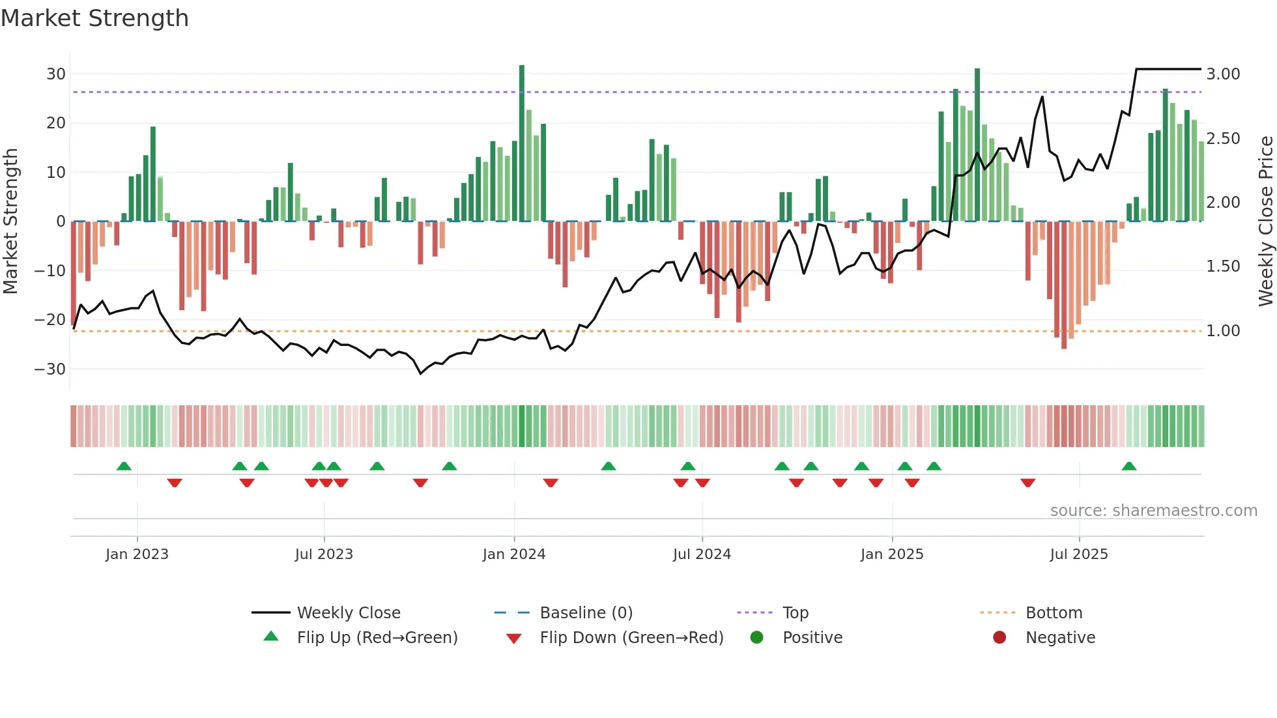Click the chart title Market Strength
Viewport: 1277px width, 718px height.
[x=94, y=18]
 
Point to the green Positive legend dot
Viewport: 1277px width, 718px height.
[x=756, y=637]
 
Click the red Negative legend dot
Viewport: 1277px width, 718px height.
[x=999, y=637]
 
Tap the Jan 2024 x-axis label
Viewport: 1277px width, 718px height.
[x=514, y=554]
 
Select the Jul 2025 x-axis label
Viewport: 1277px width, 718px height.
[x=1079, y=554]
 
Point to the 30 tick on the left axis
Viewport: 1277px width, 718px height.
[x=56, y=74]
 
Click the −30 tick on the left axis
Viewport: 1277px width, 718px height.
[x=50, y=369]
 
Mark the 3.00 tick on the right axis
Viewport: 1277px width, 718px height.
[x=1223, y=74]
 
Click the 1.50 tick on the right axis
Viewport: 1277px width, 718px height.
[x=1223, y=266]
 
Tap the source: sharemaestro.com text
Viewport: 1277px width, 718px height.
[x=1153, y=511]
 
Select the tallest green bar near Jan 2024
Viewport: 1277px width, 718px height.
[x=522, y=143]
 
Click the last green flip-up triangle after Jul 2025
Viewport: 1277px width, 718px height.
[x=1129, y=467]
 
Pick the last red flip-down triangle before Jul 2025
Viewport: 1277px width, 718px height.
[x=1028, y=483]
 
